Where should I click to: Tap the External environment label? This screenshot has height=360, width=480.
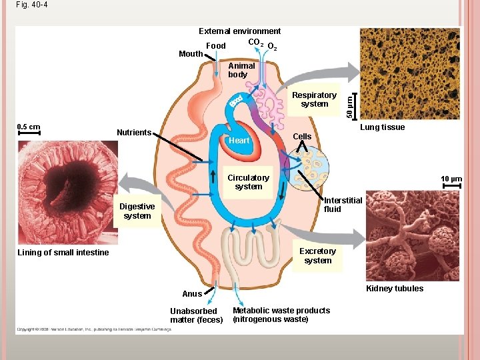(x=239, y=31)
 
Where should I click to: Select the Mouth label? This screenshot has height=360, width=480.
(x=191, y=54)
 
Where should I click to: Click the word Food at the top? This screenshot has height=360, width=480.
(x=216, y=46)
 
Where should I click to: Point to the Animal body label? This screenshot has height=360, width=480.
(x=241, y=70)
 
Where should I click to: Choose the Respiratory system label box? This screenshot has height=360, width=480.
(x=314, y=99)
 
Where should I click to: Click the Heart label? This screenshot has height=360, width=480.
(x=239, y=141)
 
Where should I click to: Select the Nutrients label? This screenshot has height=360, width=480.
(x=134, y=133)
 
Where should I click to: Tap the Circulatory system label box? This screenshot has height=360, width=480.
(x=248, y=182)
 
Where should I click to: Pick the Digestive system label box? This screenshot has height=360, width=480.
(x=137, y=211)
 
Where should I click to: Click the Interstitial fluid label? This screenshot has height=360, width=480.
(x=343, y=205)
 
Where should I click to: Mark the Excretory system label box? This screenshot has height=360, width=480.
(x=317, y=256)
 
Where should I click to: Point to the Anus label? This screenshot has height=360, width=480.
(x=192, y=294)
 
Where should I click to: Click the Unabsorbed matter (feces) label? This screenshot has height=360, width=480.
(x=193, y=315)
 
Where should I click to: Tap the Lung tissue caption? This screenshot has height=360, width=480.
(x=382, y=127)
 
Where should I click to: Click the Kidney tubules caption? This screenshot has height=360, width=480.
(x=395, y=289)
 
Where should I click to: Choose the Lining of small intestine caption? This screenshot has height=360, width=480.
(x=63, y=253)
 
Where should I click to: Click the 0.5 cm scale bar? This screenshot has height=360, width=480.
(x=29, y=133)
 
